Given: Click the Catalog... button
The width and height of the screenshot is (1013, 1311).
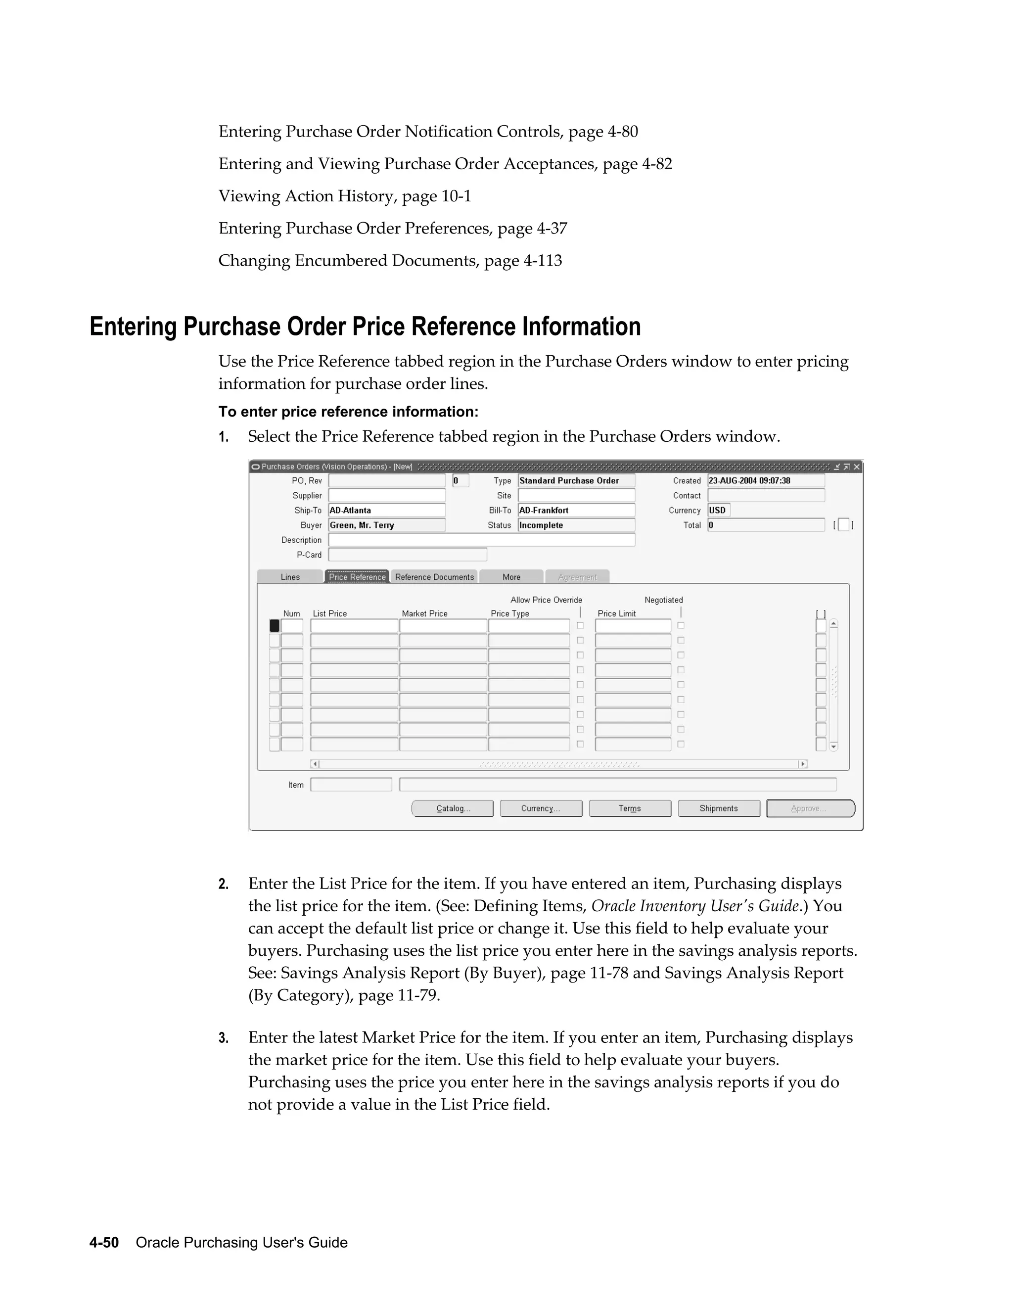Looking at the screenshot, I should [453, 808].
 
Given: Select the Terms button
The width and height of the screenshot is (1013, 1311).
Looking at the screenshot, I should [630, 808].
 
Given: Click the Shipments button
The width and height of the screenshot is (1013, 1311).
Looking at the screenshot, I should [718, 808].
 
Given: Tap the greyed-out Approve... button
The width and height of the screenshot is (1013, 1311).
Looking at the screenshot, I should [810, 808].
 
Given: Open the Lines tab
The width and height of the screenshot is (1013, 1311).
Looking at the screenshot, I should [290, 577].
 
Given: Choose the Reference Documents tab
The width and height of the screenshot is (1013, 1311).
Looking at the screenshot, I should [434, 577].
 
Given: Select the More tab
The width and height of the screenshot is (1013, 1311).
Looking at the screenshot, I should [511, 577].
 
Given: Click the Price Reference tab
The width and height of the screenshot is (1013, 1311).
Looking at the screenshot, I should [357, 577].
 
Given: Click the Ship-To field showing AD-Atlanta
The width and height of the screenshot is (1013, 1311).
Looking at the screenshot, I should [386, 510].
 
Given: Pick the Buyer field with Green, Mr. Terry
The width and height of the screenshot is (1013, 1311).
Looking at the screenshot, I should [386, 525].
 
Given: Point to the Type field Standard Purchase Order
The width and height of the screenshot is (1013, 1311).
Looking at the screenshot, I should [576, 481].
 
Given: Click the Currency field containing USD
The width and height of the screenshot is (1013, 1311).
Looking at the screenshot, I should [718, 510].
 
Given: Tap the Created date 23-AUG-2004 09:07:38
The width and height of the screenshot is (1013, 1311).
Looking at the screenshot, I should [765, 481].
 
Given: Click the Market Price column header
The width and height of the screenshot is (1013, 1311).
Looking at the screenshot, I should [424, 613].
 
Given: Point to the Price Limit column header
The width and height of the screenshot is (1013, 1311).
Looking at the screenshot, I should [616, 613].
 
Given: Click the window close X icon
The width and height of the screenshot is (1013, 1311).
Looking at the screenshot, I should [857, 467].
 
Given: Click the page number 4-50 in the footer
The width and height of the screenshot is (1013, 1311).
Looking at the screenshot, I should [104, 1243].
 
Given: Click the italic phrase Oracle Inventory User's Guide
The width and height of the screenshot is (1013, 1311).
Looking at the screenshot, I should [695, 906].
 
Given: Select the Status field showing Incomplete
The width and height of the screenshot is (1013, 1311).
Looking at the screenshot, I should [576, 525].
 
